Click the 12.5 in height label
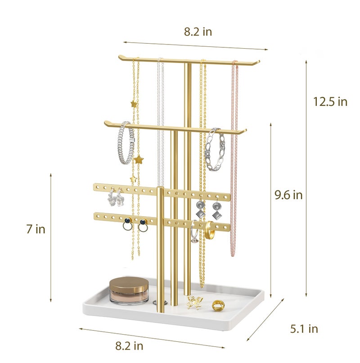pyautogui.click(x=330, y=102)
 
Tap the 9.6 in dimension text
pyautogui.click(x=288, y=195)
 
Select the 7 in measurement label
pyautogui.click(x=36, y=229)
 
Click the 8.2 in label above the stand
pyautogui.click(x=198, y=32)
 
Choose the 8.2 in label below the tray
pyautogui.click(x=129, y=346)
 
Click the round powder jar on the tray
pyautogui.click(x=129, y=290)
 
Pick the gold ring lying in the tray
pyautogui.click(x=218, y=305)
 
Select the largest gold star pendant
pyautogui.click(x=139, y=159)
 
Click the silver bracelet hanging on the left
pyautogui.click(x=126, y=143)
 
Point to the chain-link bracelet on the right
pyautogui.click(x=215, y=150)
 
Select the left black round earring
pyautogui.click(x=128, y=224)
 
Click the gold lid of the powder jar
pyautogui.click(x=129, y=284)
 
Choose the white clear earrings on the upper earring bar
pyautogui.click(x=115, y=197)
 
